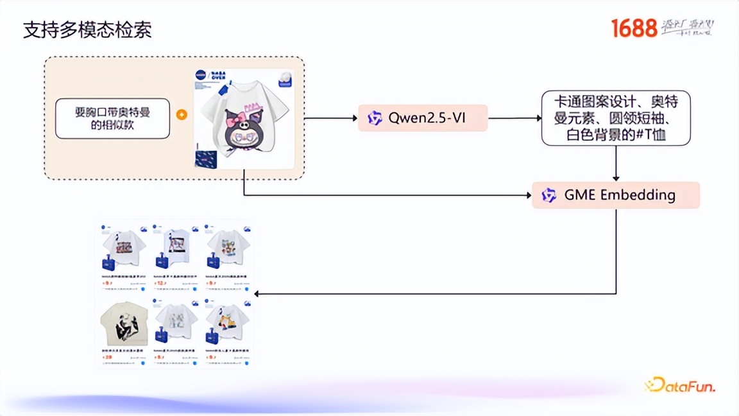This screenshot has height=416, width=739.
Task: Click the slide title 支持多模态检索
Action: (x=87, y=30)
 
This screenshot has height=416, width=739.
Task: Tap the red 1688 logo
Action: (x=634, y=28)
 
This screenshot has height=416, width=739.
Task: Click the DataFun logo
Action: (x=679, y=385)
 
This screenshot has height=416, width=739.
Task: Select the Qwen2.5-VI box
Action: (x=422, y=118)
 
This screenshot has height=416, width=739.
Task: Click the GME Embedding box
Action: (x=615, y=195)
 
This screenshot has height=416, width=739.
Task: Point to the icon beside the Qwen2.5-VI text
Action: (x=375, y=118)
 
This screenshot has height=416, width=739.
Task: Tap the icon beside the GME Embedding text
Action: (x=548, y=195)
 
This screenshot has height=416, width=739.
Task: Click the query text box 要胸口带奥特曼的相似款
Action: (x=112, y=118)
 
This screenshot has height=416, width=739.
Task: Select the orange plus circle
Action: (x=182, y=115)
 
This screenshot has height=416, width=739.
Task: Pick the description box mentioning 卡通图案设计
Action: (x=615, y=118)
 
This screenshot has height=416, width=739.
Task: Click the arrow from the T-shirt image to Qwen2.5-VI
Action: (x=330, y=118)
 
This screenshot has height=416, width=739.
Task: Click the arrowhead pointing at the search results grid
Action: (x=258, y=293)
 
